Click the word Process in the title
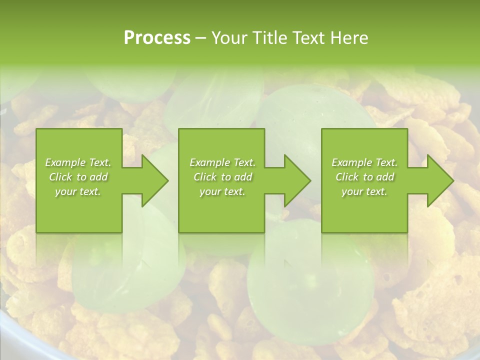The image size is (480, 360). click(157, 38)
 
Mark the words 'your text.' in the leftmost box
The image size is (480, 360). click(78, 191)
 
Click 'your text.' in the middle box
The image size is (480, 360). click(222, 191)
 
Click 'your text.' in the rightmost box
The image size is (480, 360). click(364, 191)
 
